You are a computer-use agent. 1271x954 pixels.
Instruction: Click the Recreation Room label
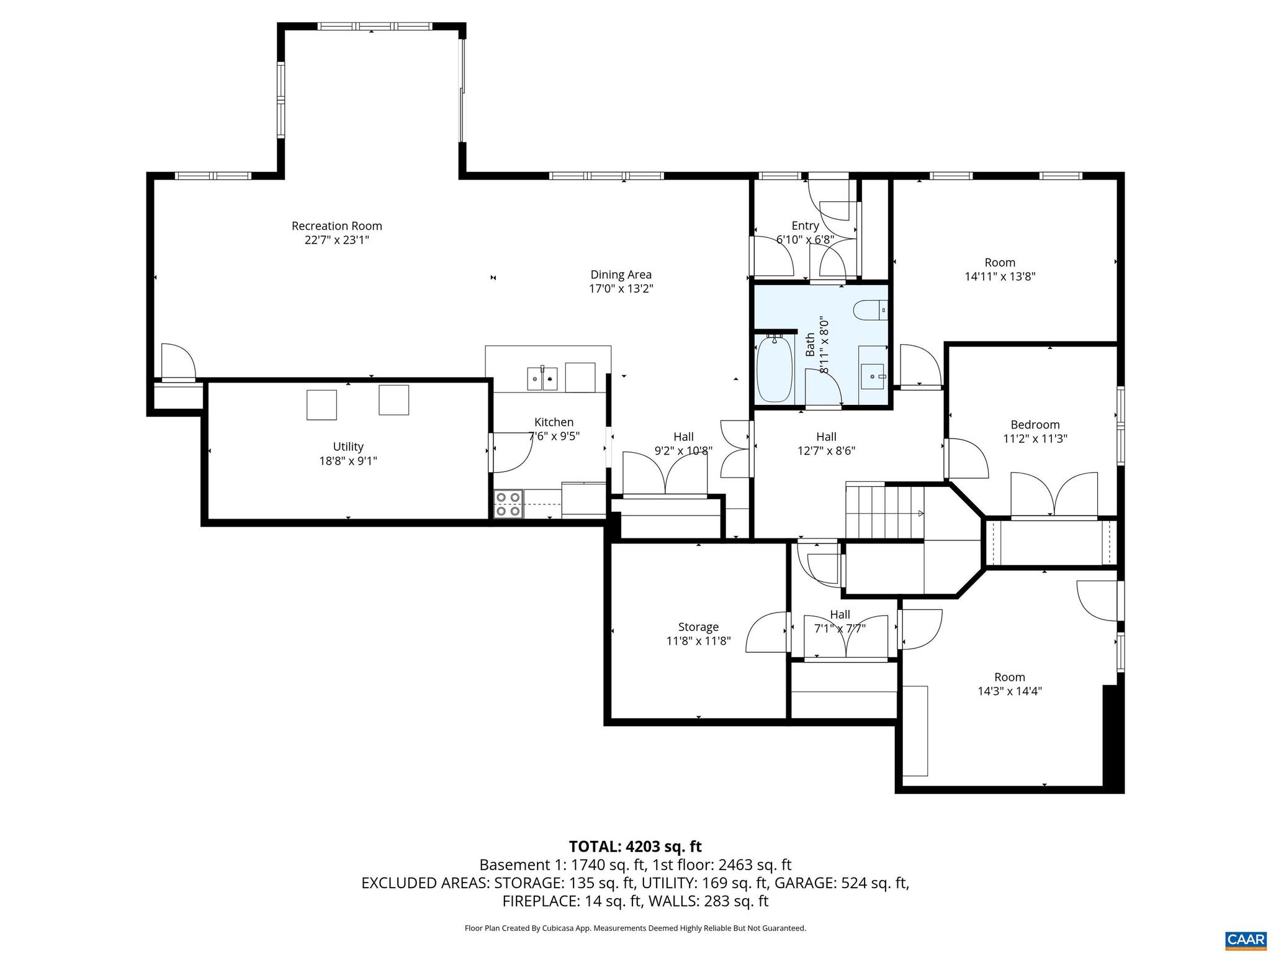[x=336, y=226]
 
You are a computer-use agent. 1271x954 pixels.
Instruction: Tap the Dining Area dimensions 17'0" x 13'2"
[x=621, y=289]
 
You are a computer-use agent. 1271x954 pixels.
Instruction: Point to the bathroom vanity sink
[x=873, y=375]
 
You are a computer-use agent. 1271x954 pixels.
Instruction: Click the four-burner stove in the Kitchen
[x=508, y=504]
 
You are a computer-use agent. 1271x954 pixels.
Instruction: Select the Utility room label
[x=348, y=447]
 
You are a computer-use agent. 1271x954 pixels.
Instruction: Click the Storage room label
[x=698, y=627]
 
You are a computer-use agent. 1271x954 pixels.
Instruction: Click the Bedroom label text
[x=1035, y=425]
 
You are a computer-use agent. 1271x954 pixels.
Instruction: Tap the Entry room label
[x=805, y=226]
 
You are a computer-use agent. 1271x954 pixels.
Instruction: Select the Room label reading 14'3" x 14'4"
[x=1009, y=691]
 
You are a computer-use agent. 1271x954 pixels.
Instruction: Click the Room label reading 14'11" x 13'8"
[x=1000, y=276]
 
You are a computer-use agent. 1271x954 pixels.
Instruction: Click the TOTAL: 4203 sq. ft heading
[x=635, y=847]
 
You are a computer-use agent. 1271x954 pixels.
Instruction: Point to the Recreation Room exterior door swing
[x=177, y=361]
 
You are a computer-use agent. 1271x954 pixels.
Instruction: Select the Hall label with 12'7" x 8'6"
[x=826, y=444]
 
